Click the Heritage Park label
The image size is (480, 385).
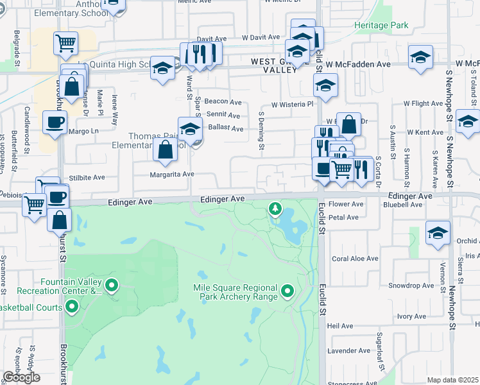point(381,25)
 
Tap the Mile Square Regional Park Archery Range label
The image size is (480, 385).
point(235,292)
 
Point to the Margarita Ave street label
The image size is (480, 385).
point(171,174)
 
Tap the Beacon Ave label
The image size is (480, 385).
point(223,102)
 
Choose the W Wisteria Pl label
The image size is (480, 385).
point(291,104)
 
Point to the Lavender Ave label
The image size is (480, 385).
point(348,350)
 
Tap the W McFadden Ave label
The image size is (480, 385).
point(357,65)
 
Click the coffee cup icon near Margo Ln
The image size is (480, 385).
point(55,121)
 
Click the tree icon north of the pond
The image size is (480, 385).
point(275,208)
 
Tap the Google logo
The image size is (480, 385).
point(21,377)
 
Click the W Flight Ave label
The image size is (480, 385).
point(423,103)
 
